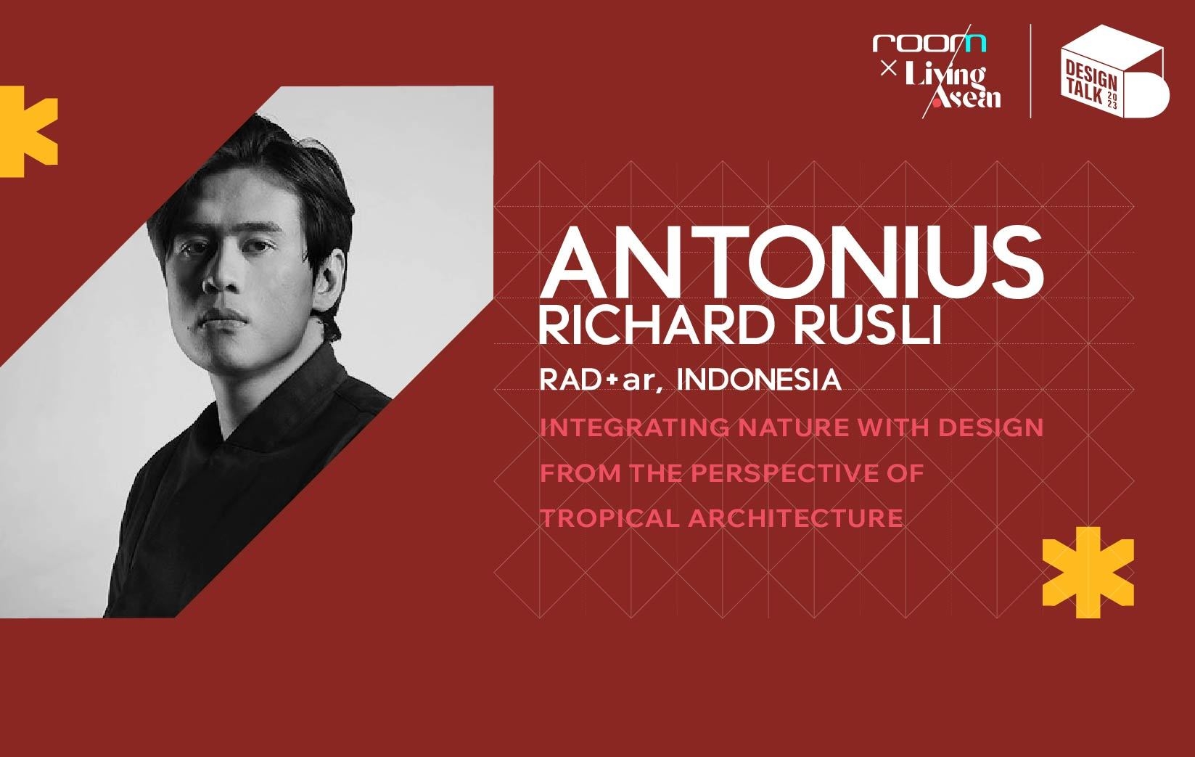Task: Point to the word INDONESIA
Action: pyautogui.click(x=758, y=380)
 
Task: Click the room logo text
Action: pyautogui.click(x=929, y=43)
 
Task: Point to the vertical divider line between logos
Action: pyautogui.click(x=1031, y=71)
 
